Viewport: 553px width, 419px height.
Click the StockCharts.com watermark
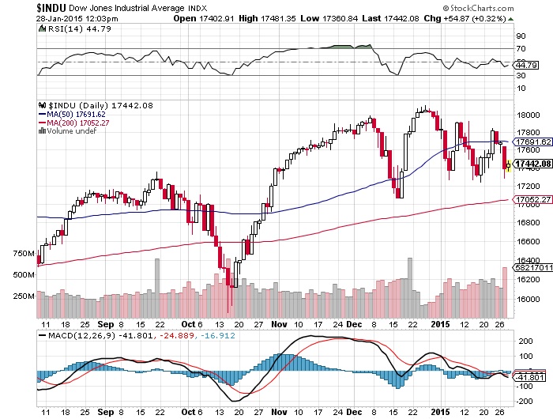506,6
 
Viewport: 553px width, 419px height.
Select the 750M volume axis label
24,253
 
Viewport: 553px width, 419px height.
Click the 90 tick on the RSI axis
521,36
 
